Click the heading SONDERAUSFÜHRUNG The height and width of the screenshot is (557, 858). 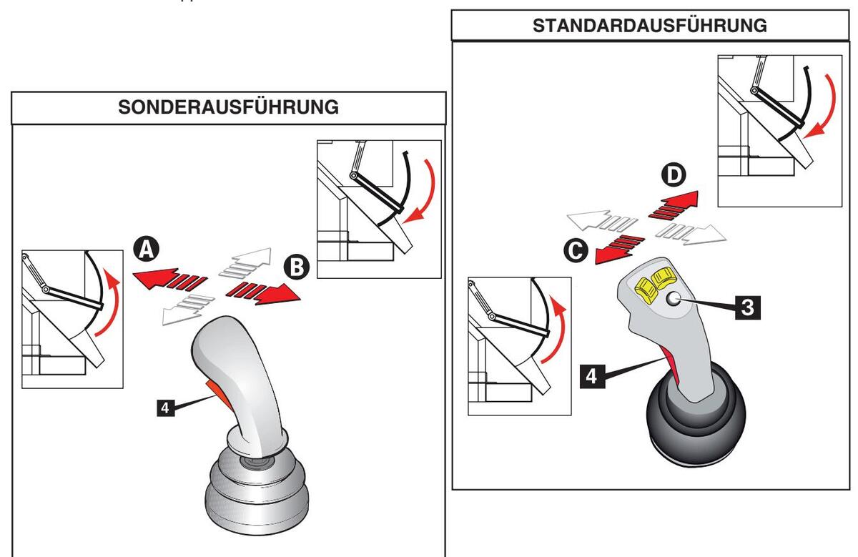pos(228,109)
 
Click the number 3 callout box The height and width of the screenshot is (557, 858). pos(746,306)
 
